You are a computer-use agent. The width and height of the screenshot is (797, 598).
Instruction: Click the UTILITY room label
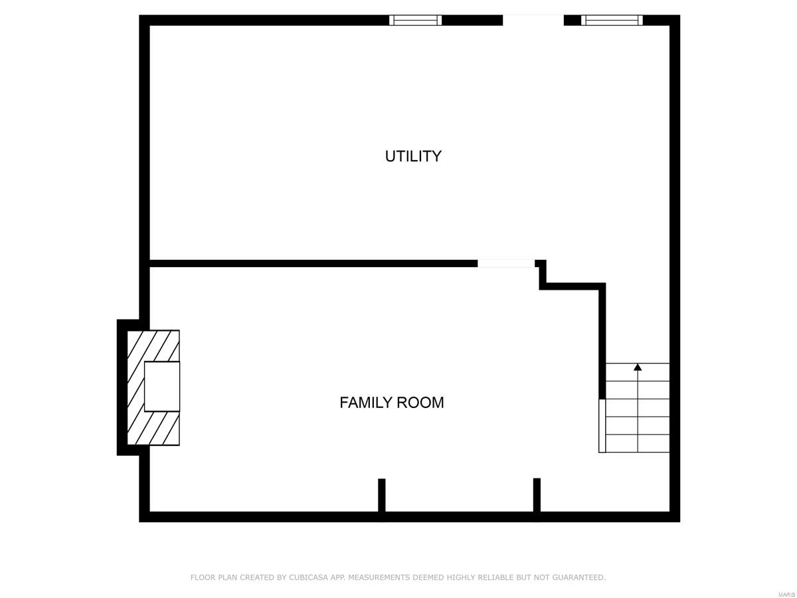click(413, 156)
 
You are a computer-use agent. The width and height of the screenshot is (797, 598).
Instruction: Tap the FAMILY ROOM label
click(391, 403)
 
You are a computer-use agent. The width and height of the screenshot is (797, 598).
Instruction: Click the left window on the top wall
click(415, 20)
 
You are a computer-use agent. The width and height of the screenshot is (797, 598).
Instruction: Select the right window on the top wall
click(612, 20)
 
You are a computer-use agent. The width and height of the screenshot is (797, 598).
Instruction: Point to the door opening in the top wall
click(533, 20)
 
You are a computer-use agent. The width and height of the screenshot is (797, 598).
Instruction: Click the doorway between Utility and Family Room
click(506, 264)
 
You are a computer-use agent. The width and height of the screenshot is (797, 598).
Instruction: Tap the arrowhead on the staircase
click(638, 367)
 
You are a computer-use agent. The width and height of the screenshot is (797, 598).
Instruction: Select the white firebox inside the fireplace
click(162, 386)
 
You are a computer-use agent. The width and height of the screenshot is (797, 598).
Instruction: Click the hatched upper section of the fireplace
click(154, 346)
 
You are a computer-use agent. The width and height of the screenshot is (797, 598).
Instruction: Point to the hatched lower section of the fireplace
click(154, 429)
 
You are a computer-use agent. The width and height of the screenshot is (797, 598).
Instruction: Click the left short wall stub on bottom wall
click(382, 495)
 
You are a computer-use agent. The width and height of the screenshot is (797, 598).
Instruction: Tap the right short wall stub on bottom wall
click(537, 495)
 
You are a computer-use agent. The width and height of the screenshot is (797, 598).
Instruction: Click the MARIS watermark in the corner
click(786, 593)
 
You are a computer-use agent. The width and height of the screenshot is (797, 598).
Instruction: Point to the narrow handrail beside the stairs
click(602, 425)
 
